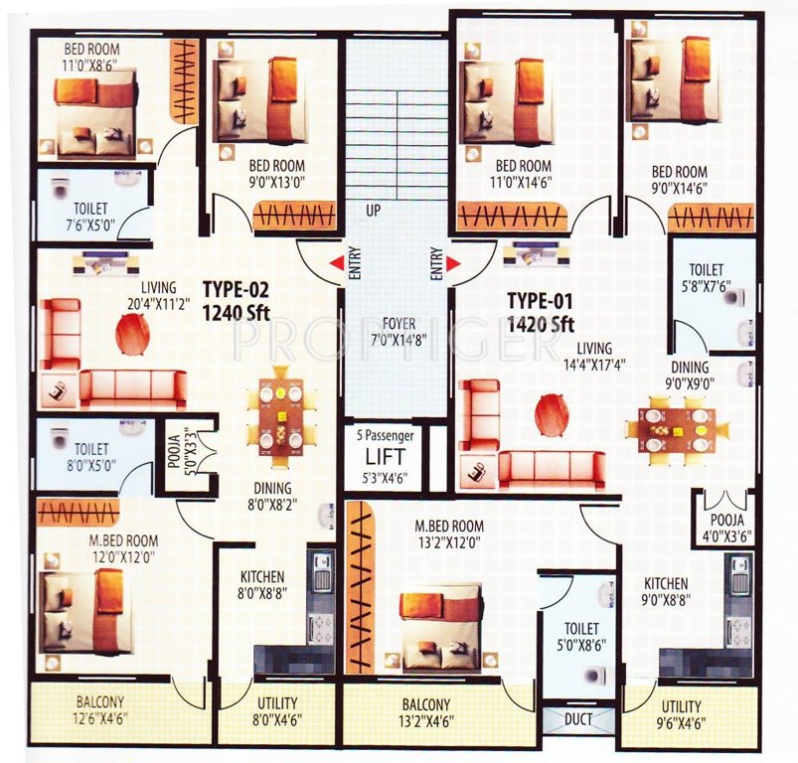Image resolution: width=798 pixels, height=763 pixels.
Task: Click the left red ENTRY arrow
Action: click(x=338, y=262)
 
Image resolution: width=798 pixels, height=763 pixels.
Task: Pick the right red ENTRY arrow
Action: click(x=453, y=262)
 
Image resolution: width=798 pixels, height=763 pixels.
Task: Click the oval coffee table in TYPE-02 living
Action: click(x=131, y=336)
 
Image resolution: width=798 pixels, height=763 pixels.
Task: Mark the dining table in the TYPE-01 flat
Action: click(x=677, y=429)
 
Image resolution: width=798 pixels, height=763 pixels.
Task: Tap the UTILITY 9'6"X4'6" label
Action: click(x=681, y=713)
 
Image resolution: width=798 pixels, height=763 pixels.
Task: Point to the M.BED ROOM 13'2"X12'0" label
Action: click(x=450, y=534)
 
